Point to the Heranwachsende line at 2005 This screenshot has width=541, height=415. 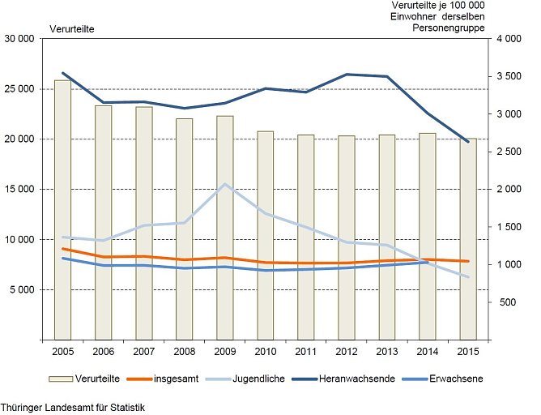tap(62, 73)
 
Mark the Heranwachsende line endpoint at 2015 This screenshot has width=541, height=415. tap(467, 142)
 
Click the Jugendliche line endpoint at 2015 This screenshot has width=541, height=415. tap(467, 277)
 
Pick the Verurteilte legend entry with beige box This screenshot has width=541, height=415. tap(82, 379)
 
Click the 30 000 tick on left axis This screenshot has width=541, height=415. tap(19, 39)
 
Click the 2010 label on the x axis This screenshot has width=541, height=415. tap(265, 351)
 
